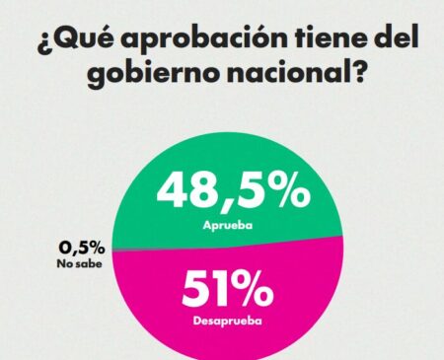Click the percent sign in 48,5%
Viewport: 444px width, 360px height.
pos(288,192)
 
